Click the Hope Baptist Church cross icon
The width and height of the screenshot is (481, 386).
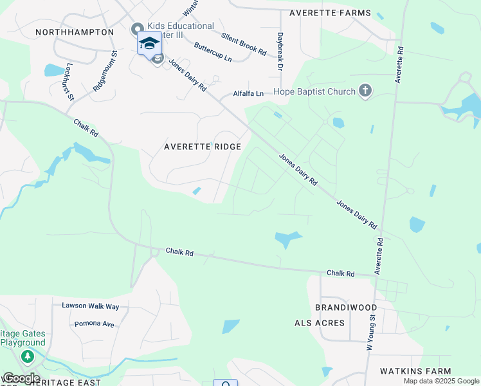pyautogui.click(x=365, y=91)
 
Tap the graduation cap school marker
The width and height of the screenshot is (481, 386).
pyautogui.click(x=149, y=43)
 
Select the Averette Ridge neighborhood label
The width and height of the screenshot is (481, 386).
pyautogui.click(x=203, y=147)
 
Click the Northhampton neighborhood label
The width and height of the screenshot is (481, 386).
pyautogui.click(x=75, y=32)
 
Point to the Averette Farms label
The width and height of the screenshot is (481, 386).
pyautogui.click(x=330, y=13)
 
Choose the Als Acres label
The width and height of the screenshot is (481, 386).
pyautogui.click(x=320, y=322)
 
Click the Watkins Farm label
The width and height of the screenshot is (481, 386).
pyautogui.click(x=415, y=371)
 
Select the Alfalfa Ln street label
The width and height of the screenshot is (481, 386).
pyautogui.click(x=248, y=93)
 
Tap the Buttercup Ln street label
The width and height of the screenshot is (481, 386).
pyautogui.click(x=213, y=53)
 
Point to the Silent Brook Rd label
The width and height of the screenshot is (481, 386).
pyautogui.click(x=244, y=44)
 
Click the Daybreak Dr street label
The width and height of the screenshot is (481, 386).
pyautogui.click(x=280, y=51)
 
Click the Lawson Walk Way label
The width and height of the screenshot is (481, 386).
pyautogui.click(x=91, y=306)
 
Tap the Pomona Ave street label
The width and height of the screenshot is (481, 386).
pyautogui.click(x=95, y=324)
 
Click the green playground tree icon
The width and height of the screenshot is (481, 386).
pyautogui.click(x=27, y=356)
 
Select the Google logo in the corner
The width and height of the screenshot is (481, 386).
pyautogui.click(x=21, y=378)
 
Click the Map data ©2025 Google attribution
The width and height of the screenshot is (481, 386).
pyautogui.click(x=440, y=381)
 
